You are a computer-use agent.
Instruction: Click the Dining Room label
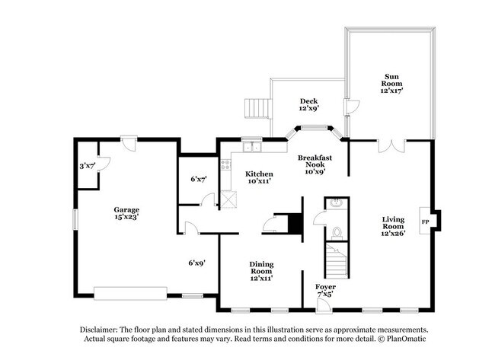click(x=261, y=269)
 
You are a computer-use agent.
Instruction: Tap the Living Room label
click(x=393, y=226)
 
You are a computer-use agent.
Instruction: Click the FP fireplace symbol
click(x=426, y=221)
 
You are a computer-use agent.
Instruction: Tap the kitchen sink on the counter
click(x=251, y=146)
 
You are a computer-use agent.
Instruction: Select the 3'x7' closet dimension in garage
click(x=87, y=164)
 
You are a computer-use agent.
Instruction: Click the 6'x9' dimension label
click(x=197, y=263)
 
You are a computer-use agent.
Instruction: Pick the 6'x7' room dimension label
click(x=198, y=179)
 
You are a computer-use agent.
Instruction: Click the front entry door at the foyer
click(x=324, y=304)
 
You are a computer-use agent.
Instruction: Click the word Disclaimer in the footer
click(x=102, y=330)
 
